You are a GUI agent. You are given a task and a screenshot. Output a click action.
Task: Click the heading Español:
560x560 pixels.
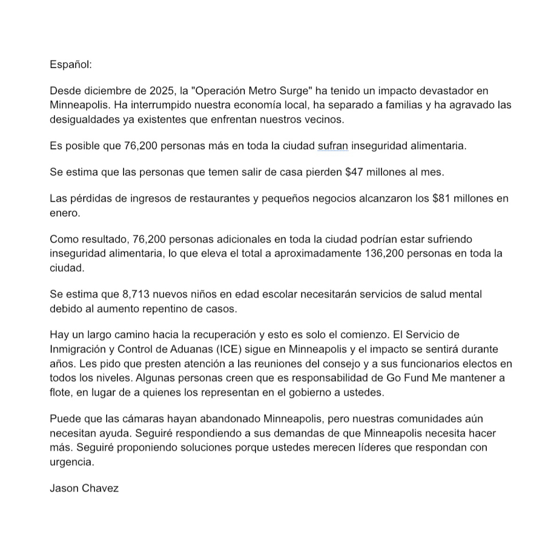[71, 64]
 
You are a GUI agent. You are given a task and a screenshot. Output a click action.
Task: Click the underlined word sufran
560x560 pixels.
[333, 146]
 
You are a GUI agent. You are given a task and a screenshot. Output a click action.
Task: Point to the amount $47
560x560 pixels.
[354, 172]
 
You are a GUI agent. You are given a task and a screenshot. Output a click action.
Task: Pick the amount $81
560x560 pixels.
[441, 198]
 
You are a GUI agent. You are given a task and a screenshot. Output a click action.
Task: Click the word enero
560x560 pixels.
[65, 213]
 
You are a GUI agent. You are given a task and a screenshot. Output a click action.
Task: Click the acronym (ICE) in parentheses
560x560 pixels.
[229, 349]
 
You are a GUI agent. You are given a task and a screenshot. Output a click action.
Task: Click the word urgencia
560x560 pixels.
[72, 462]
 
